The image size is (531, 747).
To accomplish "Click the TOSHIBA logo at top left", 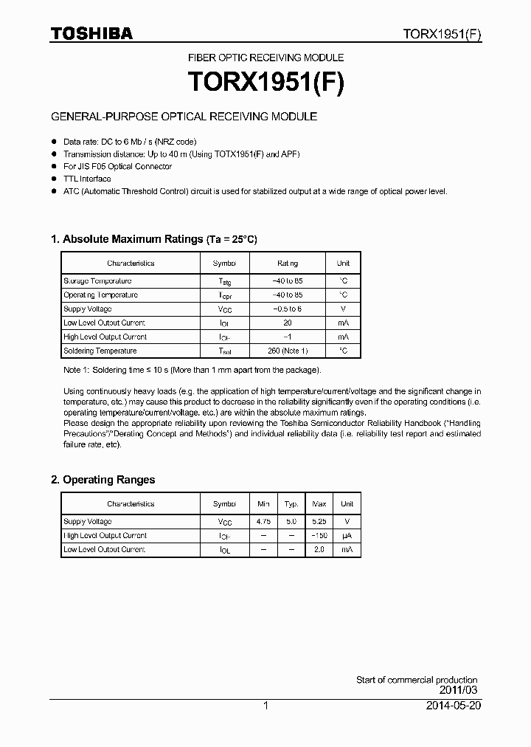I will point(91,33).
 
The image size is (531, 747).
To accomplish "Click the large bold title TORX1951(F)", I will point(265,82).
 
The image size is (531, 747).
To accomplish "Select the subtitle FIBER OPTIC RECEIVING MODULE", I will point(265,58).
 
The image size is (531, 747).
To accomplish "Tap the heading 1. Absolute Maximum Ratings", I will point(153,239).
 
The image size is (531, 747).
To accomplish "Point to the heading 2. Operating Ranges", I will point(103,480).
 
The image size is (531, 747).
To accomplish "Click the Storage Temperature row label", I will point(97,281).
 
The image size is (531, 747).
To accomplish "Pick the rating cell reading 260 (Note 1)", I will point(288,351).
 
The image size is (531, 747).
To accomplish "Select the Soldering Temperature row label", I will point(100,351).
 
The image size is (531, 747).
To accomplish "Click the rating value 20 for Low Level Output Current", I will point(288,323).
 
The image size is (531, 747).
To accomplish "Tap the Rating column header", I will point(288,264).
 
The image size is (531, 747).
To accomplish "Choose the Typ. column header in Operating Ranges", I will point(291,504).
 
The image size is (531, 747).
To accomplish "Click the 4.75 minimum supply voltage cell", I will point(263,522).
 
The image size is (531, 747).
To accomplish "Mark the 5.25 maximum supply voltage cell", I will point(319,522).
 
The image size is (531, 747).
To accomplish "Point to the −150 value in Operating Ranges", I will point(319,536).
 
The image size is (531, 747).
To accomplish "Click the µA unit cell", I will point(347,536).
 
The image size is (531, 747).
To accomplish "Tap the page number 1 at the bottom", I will point(265,706).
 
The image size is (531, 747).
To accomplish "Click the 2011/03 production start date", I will point(458,690).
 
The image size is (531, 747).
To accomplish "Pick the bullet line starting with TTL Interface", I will point(87,179).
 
